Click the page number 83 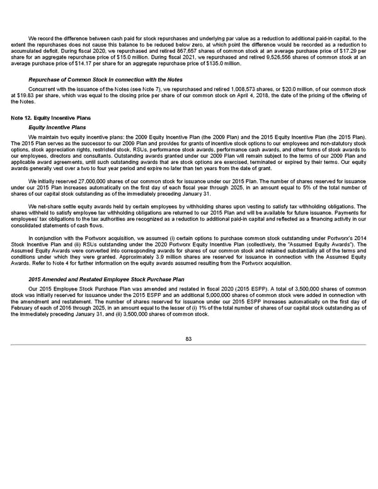188,340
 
